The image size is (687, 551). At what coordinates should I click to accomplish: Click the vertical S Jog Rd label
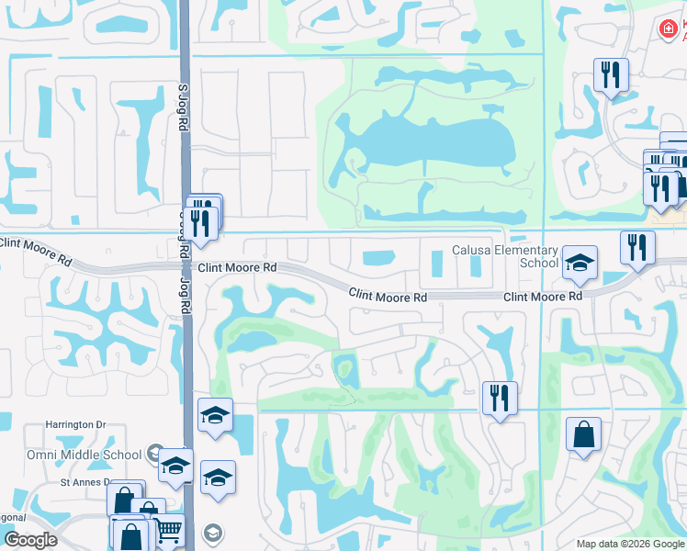coord(182,110)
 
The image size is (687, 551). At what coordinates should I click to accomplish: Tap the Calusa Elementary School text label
coord(505,256)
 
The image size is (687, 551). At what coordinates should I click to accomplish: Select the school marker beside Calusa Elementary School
coord(580,264)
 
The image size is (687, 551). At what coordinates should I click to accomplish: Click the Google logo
coord(30,540)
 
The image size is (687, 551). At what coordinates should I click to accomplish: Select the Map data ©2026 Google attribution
coord(630,544)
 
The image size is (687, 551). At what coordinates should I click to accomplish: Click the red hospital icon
coord(668,29)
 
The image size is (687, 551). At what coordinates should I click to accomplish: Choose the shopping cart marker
coord(166,531)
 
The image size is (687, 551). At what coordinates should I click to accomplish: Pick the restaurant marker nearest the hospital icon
coord(610,75)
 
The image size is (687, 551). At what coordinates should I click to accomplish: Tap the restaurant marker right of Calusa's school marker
coord(637,247)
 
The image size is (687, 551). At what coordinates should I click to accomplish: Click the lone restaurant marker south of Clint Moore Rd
coord(500,399)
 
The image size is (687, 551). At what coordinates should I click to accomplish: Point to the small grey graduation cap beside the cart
coord(212,533)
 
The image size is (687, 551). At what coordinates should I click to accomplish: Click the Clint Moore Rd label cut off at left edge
coord(35,250)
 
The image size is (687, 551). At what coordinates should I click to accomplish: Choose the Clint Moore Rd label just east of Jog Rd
coord(238,267)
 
